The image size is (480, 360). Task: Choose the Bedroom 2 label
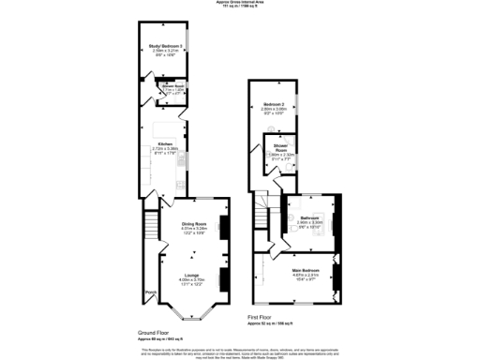(x=273, y=103)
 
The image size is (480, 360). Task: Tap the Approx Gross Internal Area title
(x=240, y=4)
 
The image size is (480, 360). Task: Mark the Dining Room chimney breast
(x=222, y=226)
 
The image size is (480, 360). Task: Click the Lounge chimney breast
(x=222, y=277)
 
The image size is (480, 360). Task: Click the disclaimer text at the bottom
(x=240, y=352)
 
